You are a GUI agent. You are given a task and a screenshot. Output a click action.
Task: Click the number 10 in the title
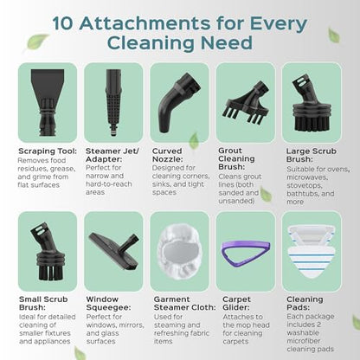[x=62, y=23]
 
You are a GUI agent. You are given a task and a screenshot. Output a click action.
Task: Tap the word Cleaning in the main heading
[x=151, y=42]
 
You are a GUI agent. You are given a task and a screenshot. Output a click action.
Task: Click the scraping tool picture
[x=48, y=102]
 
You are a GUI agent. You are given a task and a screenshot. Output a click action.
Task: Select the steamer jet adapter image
[x=113, y=102]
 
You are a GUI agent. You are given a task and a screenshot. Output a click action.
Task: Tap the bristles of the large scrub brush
[x=312, y=123]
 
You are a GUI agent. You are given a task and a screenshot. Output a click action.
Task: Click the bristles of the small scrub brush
[x=48, y=272]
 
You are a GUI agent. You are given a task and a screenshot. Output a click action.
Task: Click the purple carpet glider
[x=245, y=253]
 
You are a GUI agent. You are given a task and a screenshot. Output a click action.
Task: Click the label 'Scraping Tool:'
[x=48, y=151]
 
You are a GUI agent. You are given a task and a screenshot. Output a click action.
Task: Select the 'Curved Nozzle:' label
[x=168, y=155]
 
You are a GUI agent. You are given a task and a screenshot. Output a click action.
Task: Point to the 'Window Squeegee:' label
[x=108, y=304]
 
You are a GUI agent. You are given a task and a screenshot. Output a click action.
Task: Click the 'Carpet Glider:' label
[x=236, y=304]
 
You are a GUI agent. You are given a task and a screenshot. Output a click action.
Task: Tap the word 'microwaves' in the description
[x=307, y=177]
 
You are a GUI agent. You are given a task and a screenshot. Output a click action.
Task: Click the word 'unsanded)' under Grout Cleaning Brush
[x=236, y=201]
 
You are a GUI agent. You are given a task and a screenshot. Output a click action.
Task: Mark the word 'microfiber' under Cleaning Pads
[x=304, y=341]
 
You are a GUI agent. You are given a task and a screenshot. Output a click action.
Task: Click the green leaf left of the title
[x=36, y=42]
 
